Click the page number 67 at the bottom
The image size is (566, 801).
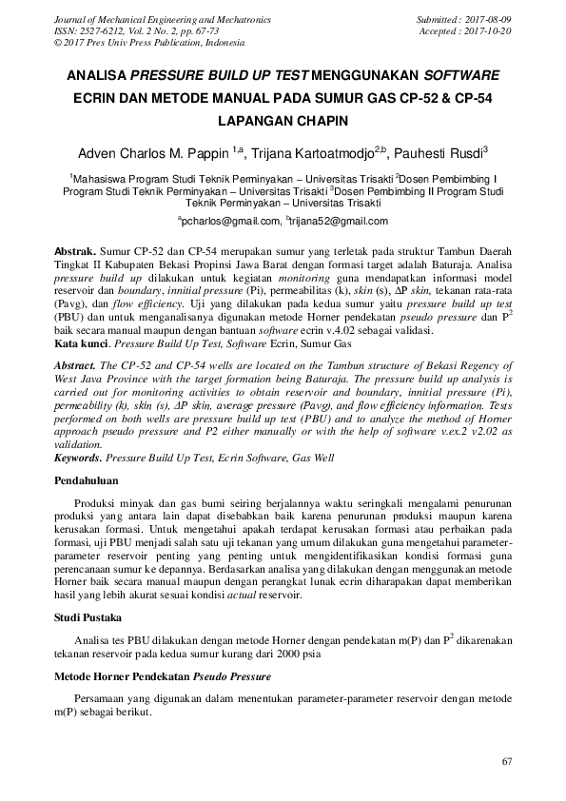[x=506, y=762]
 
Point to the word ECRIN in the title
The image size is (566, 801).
[x=100, y=97]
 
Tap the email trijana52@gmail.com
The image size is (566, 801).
[x=339, y=222]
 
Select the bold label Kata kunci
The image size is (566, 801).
[x=77, y=342]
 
